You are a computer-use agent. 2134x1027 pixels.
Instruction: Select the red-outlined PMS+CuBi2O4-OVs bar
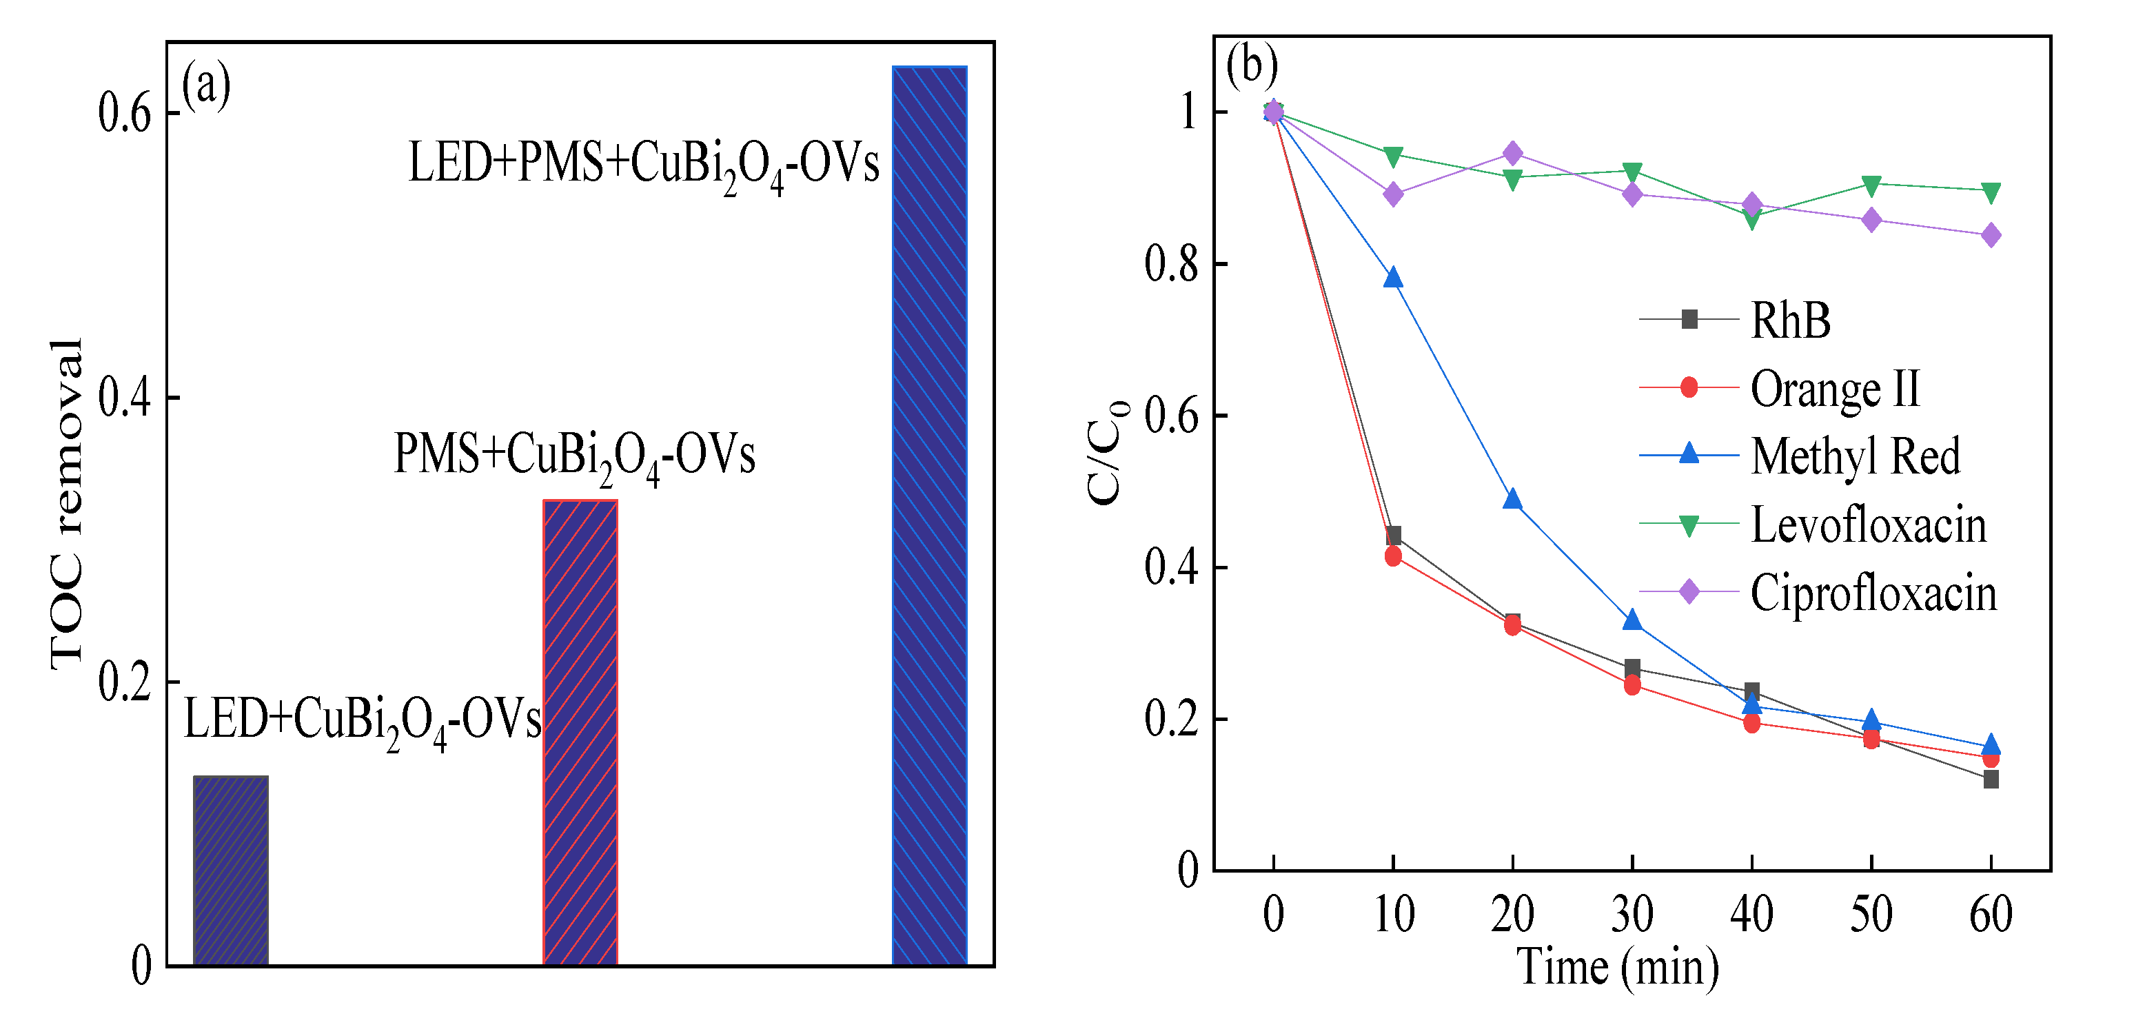tap(580, 732)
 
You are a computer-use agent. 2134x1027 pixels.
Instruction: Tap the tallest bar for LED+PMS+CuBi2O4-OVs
tap(928, 515)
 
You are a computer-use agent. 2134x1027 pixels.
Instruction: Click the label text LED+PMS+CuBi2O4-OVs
tap(643, 164)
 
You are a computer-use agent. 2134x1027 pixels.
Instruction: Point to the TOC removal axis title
tap(66, 504)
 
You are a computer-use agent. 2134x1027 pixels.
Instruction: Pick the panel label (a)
tap(205, 85)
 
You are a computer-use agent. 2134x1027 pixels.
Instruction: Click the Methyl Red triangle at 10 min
tap(1394, 278)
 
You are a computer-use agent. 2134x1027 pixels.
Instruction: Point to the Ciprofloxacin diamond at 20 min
tap(1513, 154)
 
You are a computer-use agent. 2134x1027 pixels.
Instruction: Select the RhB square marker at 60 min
tap(1991, 780)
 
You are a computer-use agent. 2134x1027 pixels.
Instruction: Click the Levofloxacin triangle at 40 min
tap(1751, 218)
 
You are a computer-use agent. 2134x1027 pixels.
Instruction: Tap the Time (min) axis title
tap(1617, 967)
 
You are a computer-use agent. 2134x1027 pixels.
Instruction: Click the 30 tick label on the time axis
tap(1632, 915)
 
